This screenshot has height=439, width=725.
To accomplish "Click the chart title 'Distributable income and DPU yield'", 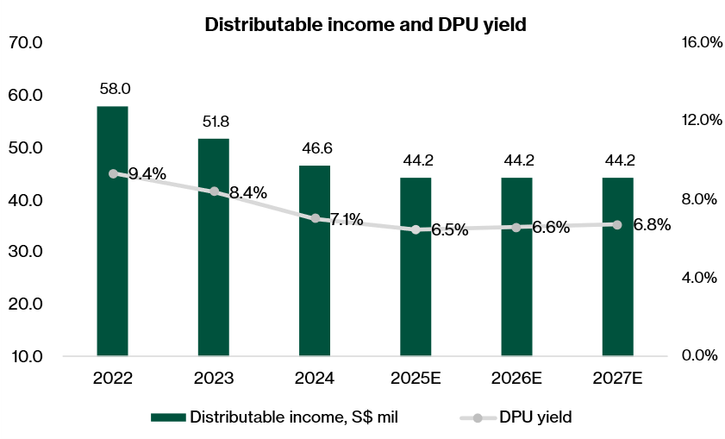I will coord(366,25).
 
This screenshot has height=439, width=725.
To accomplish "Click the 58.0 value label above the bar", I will coord(112,89).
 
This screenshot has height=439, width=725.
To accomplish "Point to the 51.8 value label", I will coord(214,122).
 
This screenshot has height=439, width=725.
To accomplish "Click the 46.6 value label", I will coord(315,148).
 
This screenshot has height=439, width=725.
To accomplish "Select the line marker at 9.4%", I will coord(113,173).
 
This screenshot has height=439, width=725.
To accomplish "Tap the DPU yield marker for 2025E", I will coord(416,229).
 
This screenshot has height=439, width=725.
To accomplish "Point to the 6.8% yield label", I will coord(651,225).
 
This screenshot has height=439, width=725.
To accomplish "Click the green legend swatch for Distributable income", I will coord(168,417).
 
